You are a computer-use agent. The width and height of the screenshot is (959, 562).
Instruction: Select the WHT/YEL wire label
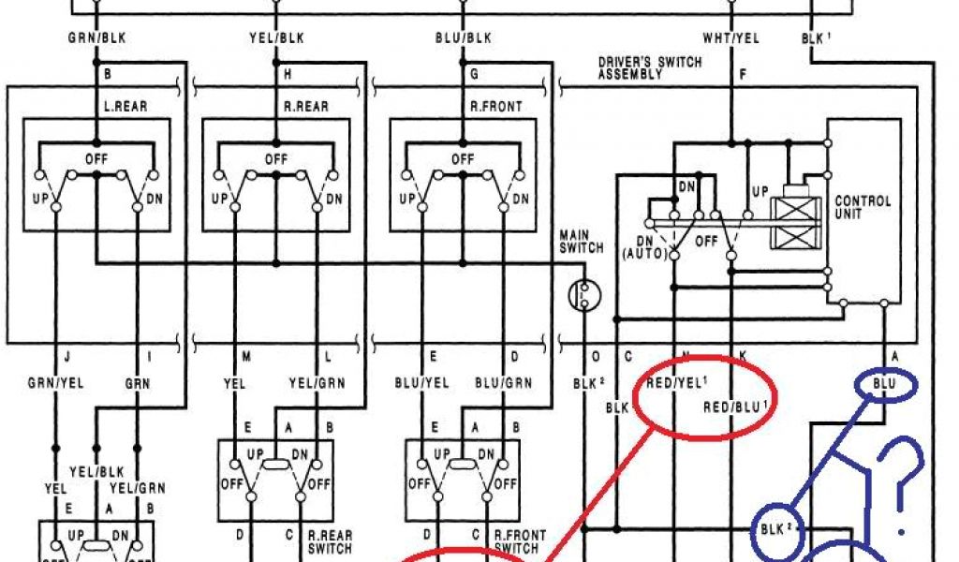730,38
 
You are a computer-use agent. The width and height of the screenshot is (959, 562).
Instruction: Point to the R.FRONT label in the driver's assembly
496,106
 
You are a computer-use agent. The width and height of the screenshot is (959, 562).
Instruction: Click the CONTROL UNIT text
863,207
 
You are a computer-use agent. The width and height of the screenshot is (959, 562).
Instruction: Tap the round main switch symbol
585,295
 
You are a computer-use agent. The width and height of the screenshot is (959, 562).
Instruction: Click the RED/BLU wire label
741,406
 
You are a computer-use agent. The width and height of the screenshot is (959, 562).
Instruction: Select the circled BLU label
884,384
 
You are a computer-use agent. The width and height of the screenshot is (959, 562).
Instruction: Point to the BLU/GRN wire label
503,382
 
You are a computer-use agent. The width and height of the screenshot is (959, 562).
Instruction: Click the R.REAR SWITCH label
332,541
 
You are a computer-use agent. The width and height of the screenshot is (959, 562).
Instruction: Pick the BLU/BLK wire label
464,38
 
